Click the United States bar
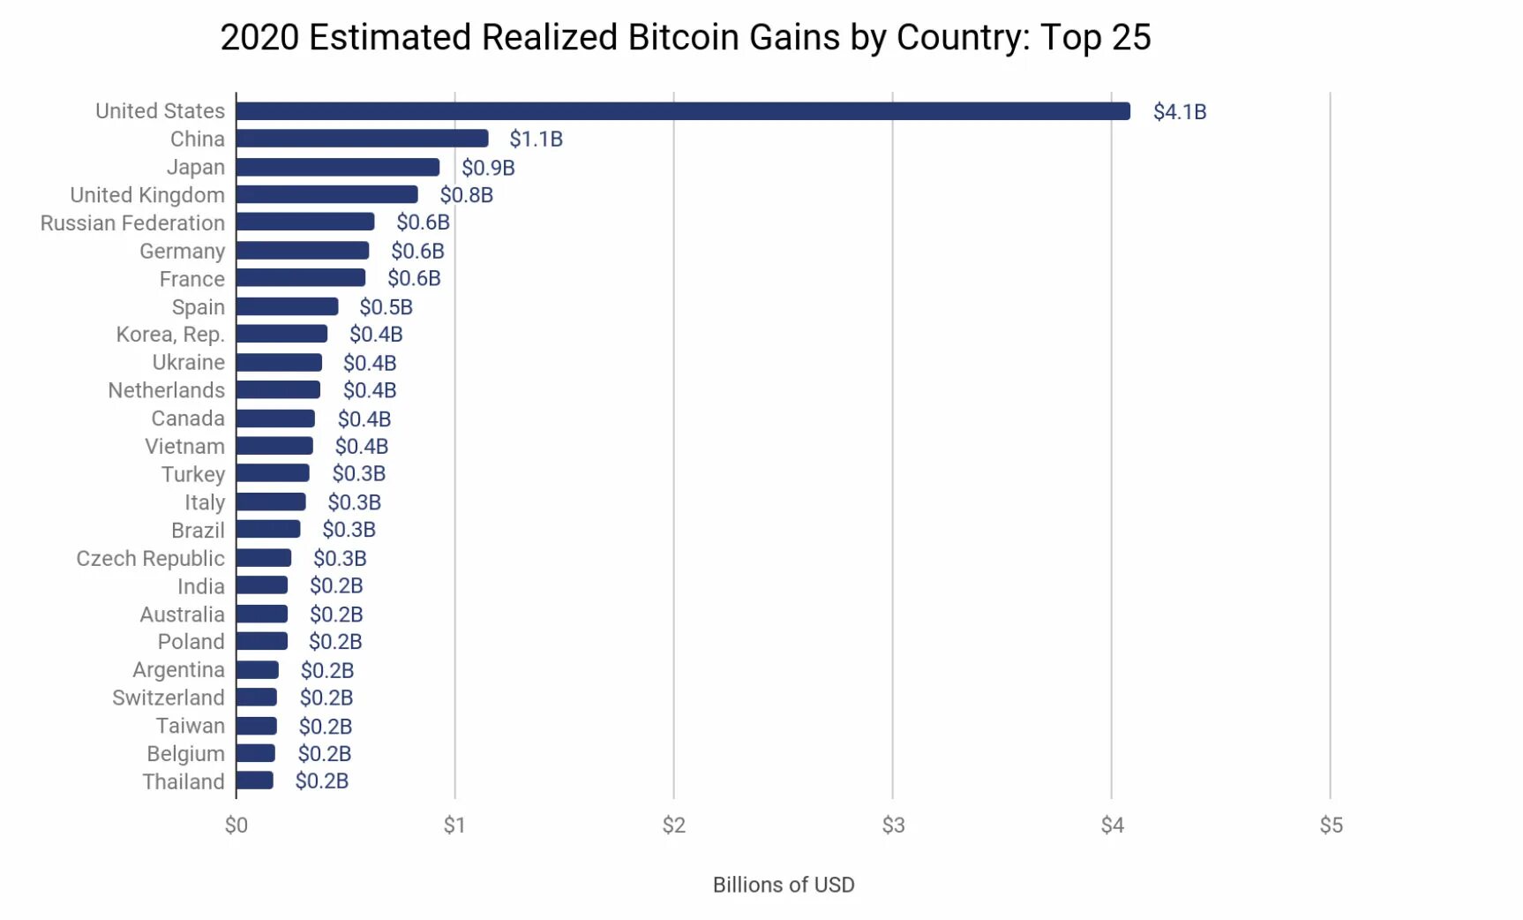pyautogui.click(x=683, y=111)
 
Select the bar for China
pyautogui.click(x=362, y=139)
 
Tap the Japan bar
pyautogui.click(x=338, y=167)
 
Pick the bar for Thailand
pyautogui.click(x=255, y=780)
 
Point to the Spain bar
pyautogui.click(x=287, y=306)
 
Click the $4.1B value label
pyautogui.click(x=1180, y=112)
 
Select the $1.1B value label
pyautogui.click(x=536, y=140)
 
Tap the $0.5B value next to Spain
pyautogui.click(x=386, y=307)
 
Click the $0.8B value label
pyautogui.click(x=466, y=195)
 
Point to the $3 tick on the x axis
pyautogui.click(x=893, y=826)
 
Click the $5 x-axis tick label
pyautogui.click(x=1331, y=826)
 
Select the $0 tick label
pyautogui.click(x=236, y=826)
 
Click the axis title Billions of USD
pyautogui.click(x=784, y=885)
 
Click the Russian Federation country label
pyautogui.click(x=132, y=223)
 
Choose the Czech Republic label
pyautogui.click(x=150, y=559)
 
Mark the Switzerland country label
pyautogui.click(x=168, y=698)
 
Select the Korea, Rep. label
pyautogui.click(x=170, y=335)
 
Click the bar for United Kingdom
pyautogui.click(x=326, y=194)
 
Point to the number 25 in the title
pyautogui.click(x=1130, y=38)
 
